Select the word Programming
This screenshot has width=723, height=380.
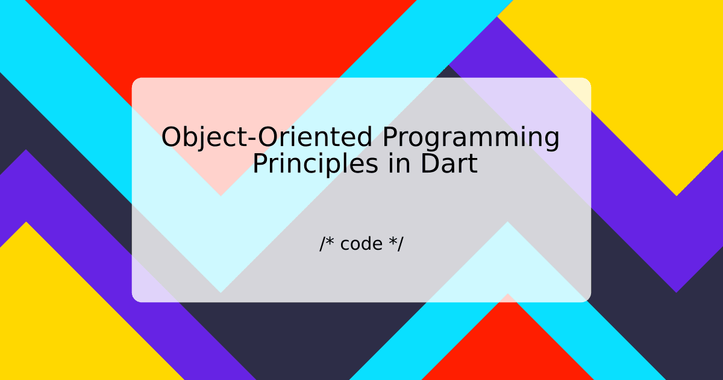click(471, 139)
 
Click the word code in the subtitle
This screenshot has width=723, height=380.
click(361, 244)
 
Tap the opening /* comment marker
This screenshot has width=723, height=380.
click(327, 244)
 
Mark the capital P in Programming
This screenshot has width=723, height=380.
click(390, 138)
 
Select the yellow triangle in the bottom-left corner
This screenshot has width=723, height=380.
click(48, 326)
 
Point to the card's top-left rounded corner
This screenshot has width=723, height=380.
click(135, 81)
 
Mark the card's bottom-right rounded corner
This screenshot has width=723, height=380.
click(587, 299)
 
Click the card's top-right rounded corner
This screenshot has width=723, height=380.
click(587, 81)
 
